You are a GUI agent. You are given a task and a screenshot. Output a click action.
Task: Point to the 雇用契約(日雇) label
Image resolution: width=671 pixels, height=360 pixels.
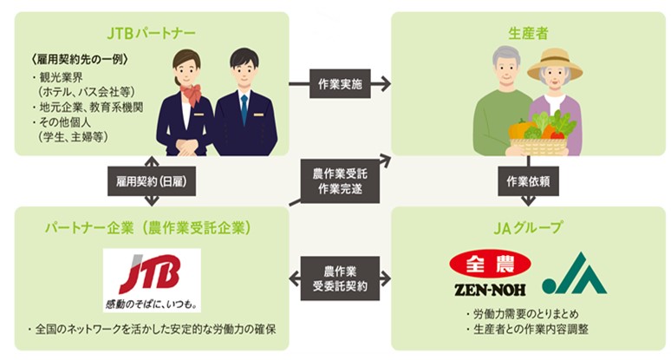coord(153,181)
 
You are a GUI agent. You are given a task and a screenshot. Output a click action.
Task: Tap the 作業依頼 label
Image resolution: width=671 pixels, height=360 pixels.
coord(527,181)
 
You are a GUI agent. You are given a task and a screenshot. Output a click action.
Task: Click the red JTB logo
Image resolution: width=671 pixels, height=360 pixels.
coord(151,279)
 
